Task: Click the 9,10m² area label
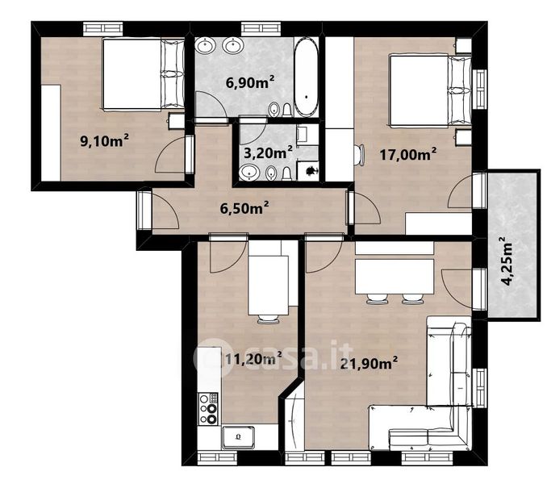[x=104, y=140]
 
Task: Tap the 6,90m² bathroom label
[x=250, y=82]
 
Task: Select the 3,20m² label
[x=268, y=152]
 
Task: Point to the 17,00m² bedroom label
[x=407, y=154]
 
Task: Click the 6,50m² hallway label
[x=244, y=208]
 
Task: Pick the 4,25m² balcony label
[x=507, y=261]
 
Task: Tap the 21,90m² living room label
[x=369, y=363]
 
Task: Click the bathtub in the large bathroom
[x=306, y=77]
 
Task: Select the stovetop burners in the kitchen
[x=208, y=408]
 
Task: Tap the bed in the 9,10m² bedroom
[x=144, y=75]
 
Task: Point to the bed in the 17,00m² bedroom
[x=431, y=90]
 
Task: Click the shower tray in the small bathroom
[x=307, y=171]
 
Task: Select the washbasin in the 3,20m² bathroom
[x=249, y=173]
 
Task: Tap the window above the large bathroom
[x=261, y=28]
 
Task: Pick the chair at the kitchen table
[x=268, y=319]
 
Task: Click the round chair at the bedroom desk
[x=359, y=156]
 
